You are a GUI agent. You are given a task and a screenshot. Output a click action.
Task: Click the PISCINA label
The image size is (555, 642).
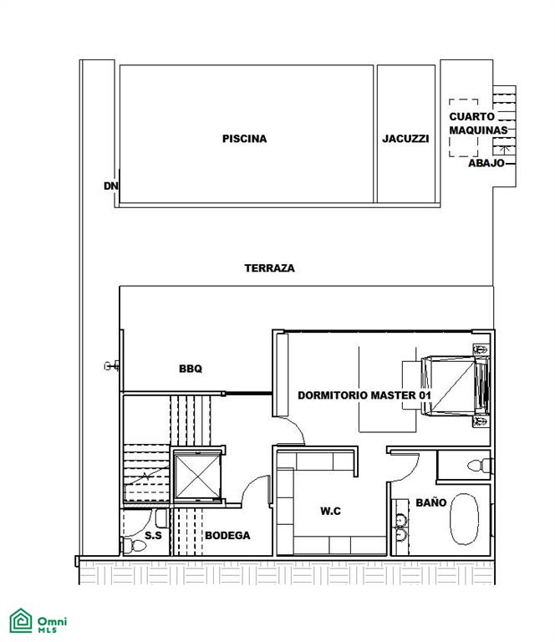[244, 139]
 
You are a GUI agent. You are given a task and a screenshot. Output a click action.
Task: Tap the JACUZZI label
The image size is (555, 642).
[405, 139]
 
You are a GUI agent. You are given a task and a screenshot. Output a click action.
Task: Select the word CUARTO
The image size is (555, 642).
[472, 117]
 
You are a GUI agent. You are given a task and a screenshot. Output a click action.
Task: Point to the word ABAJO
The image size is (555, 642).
[486, 163]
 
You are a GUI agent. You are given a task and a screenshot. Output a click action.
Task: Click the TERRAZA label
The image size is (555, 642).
[269, 268]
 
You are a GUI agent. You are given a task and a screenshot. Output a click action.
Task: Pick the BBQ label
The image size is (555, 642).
[191, 369]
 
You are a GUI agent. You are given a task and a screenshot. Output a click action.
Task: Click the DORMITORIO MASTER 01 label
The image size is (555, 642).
[364, 395]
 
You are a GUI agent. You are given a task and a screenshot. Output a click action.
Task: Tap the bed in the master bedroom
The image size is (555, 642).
[456, 385]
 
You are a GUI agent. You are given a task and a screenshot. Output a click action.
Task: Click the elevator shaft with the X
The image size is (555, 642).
[197, 476]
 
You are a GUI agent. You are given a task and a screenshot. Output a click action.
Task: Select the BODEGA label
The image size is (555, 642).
[227, 536]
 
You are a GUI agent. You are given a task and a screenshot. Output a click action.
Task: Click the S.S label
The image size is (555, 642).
[153, 536]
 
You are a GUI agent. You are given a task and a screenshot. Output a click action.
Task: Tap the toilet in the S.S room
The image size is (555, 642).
[134, 545]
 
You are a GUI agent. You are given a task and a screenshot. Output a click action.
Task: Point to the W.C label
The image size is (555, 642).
[330, 511]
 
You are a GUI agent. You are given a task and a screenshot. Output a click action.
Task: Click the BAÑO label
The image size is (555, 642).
[431, 502]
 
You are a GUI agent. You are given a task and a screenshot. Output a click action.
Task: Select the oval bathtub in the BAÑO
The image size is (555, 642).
[464, 519]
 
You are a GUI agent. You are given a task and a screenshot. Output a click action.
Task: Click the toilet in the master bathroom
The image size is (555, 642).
[480, 466]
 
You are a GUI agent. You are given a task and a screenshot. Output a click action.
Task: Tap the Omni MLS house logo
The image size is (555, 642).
[21, 621]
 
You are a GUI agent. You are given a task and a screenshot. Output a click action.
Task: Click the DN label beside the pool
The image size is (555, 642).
[110, 186]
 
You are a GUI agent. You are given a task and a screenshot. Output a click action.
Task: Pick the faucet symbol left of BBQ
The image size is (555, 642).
[112, 365]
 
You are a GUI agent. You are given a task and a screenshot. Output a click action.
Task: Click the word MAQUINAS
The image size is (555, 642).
[478, 130]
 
